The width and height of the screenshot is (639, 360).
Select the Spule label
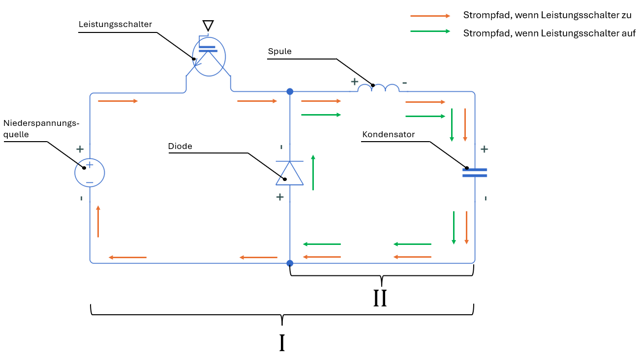280,51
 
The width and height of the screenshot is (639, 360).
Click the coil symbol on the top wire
378,88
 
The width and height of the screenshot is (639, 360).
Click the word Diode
180,146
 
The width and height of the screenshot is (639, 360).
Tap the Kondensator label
389,134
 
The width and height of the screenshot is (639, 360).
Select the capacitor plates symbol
475,173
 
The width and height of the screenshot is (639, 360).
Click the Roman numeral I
282,343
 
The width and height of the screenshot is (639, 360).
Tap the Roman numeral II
380,299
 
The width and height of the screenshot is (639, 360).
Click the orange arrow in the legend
430,16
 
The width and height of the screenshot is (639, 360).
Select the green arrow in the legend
430,31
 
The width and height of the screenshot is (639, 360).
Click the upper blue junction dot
290,91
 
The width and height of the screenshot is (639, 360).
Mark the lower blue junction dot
290,263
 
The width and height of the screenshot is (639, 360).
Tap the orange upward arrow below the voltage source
98,221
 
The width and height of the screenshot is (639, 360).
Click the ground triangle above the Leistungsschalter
208,25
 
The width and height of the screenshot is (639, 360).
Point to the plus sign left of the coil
354,82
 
